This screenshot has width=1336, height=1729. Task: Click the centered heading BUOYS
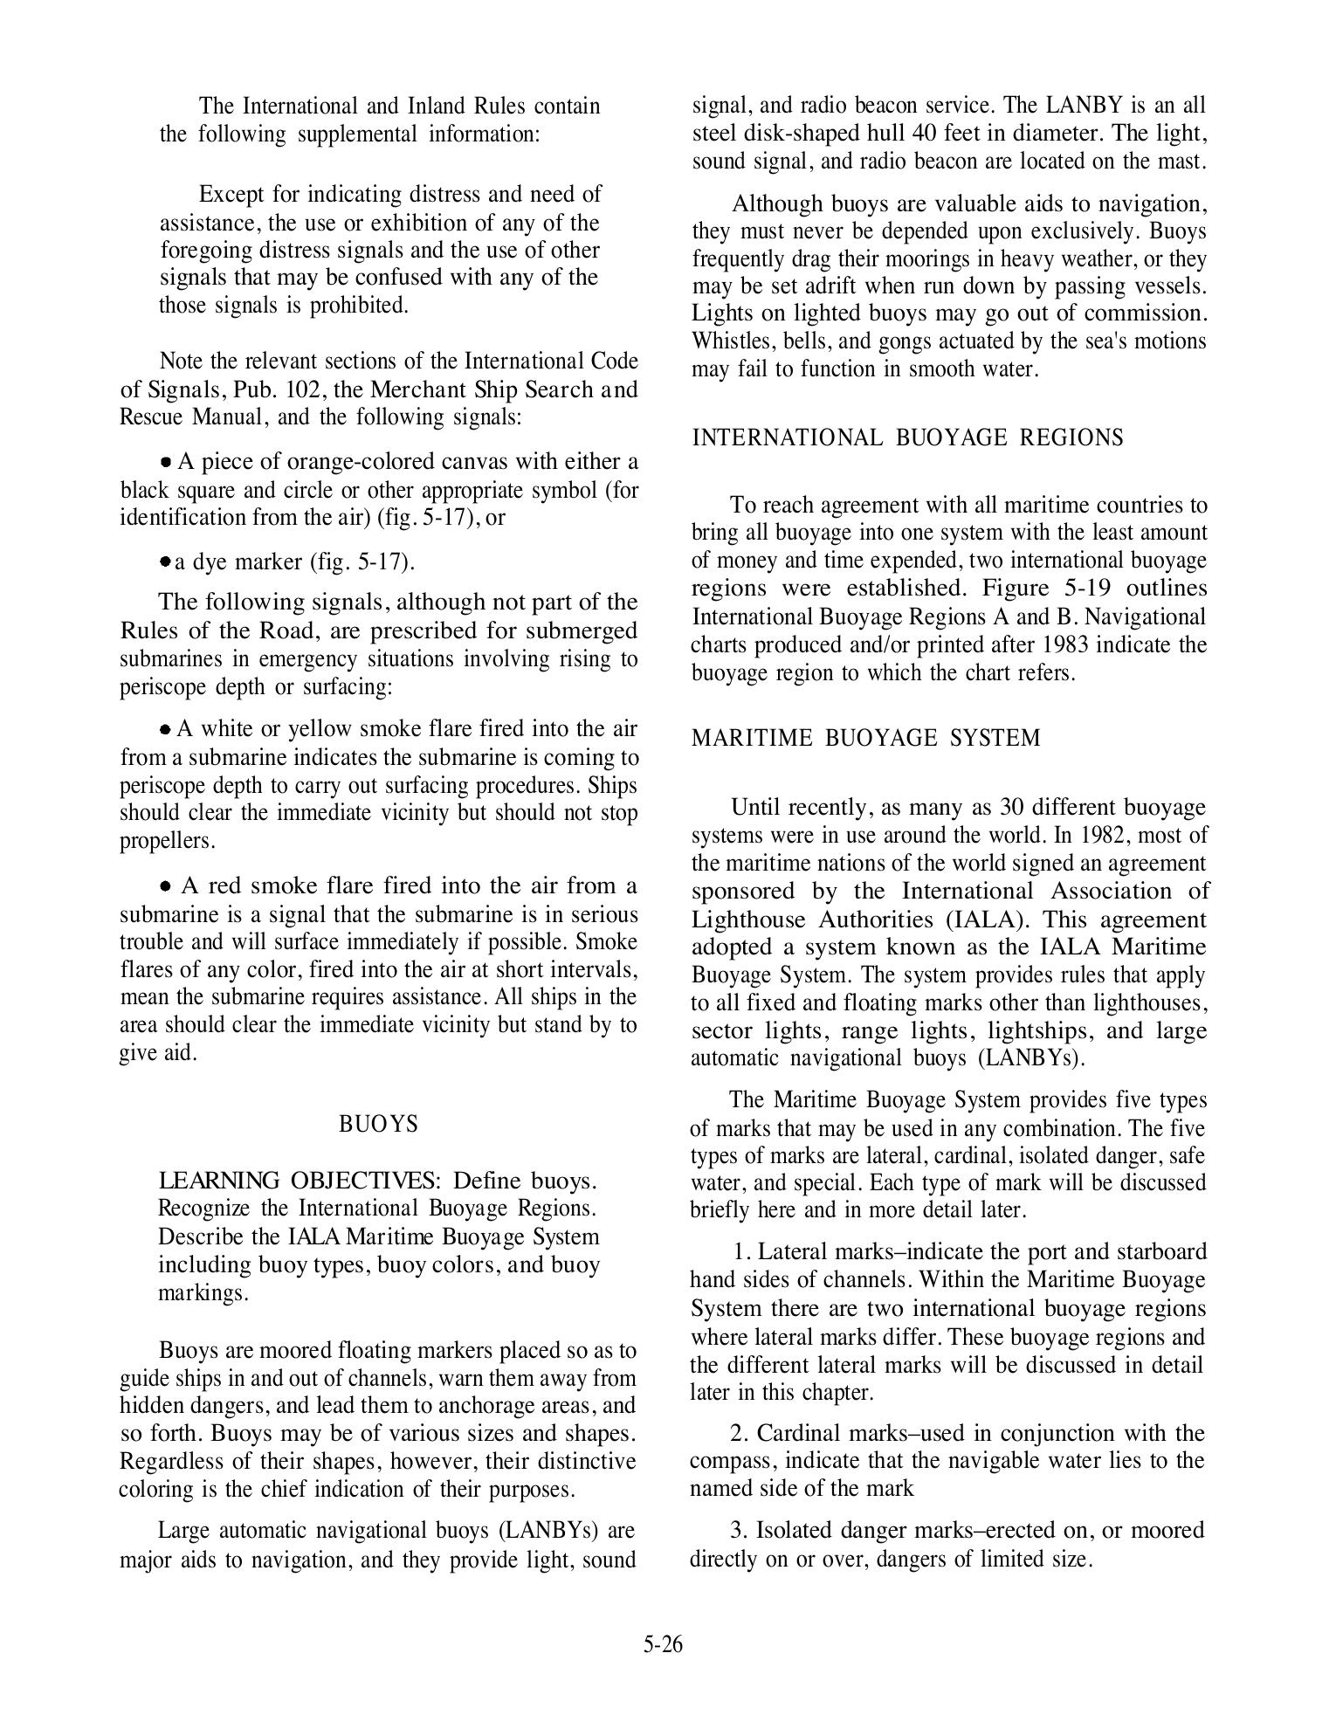coord(378,1124)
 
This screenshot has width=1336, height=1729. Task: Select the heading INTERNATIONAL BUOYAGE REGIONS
coord(907,437)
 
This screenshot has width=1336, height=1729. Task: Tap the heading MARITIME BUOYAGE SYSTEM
coord(865,738)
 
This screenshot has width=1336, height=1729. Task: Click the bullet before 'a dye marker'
coord(164,561)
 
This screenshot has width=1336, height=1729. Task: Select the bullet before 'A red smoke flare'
coord(166,886)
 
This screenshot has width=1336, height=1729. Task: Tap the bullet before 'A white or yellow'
coord(165,729)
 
